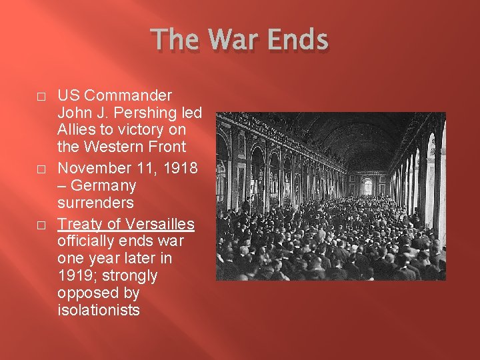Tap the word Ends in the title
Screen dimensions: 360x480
[297, 41]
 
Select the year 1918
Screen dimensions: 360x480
[179, 168]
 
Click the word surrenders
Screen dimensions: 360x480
[96, 202]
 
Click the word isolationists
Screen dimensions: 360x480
[99, 309]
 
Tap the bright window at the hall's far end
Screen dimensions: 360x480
[367, 186]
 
